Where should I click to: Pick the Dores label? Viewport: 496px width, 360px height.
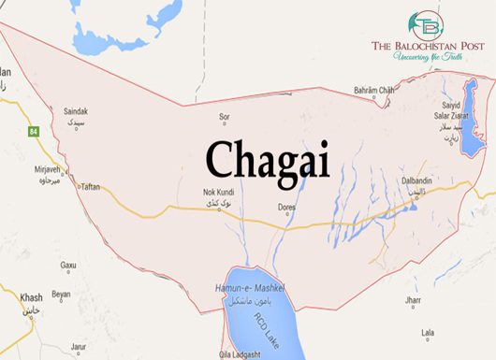coord(288,209)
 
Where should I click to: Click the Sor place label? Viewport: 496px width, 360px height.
coord(224,117)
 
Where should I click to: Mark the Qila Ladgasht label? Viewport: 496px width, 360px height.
coord(239,353)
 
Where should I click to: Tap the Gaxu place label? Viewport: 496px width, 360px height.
coord(68,266)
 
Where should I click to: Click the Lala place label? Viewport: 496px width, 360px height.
coord(428,332)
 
